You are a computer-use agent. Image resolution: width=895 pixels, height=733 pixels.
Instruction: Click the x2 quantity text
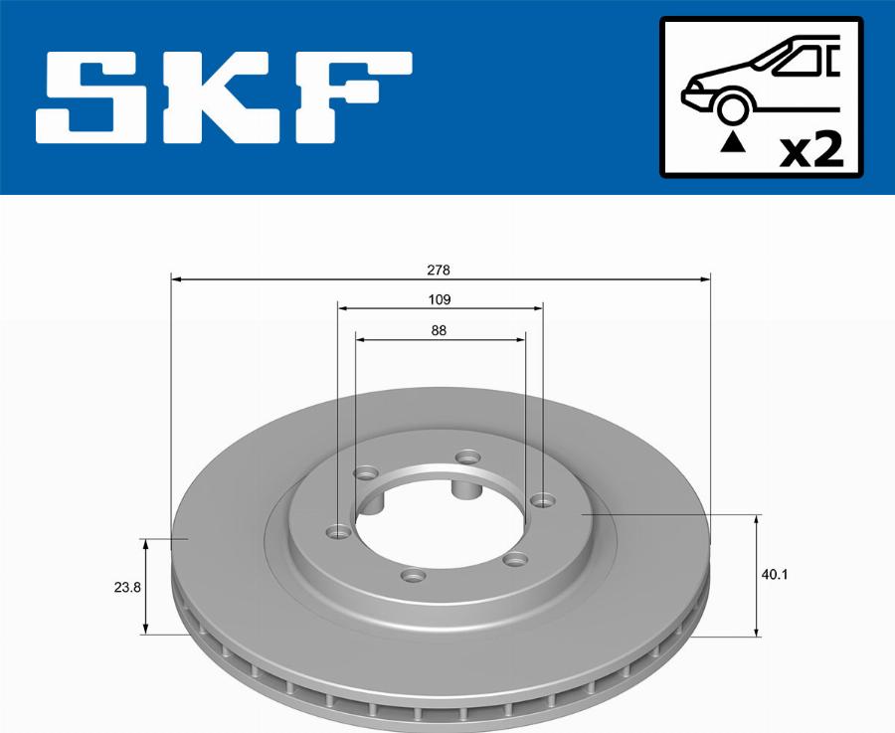[810, 150]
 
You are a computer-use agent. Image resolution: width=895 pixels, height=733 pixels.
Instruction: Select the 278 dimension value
[440, 270]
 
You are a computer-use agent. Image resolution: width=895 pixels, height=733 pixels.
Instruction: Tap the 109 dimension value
[440, 299]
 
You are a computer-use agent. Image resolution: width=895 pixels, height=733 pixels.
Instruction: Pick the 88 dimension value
[439, 331]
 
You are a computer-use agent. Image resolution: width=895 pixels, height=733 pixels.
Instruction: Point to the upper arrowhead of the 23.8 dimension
[146, 545]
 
